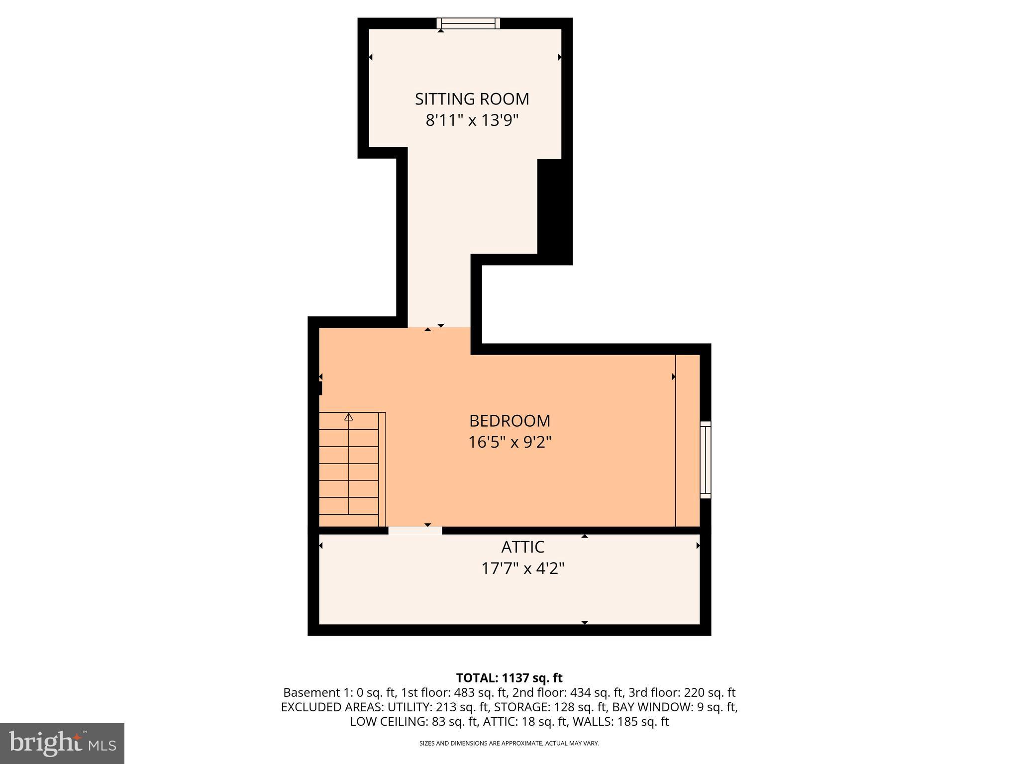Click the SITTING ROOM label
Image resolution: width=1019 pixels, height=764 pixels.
(x=472, y=99)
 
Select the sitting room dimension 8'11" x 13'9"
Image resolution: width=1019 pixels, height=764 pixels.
(x=472, y=120)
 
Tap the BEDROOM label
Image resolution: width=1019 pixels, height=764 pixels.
(x=509, y=421)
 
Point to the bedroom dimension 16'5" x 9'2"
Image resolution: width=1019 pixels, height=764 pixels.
(x=509, y=442)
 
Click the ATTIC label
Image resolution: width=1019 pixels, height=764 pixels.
(x=522, y=547)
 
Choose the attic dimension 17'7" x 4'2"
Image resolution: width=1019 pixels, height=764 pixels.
(x=522, y=569)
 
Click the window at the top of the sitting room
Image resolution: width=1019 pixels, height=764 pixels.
(x=468, y=23)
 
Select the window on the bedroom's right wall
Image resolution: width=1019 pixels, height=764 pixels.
(x=705, y=460)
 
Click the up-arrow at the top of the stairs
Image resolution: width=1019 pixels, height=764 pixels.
(x=349, y=417)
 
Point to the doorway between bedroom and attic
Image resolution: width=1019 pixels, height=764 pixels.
(x=415, y=531)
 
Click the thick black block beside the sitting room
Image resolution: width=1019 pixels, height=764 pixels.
(x=554, y=211)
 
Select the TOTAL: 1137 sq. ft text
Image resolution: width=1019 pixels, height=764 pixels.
(x=509, y=678)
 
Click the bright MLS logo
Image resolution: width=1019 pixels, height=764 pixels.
(x=62, y=743)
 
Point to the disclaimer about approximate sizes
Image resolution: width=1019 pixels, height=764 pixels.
(x=509, y=743)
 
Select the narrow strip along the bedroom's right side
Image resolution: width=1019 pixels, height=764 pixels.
(x=688, y=440)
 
